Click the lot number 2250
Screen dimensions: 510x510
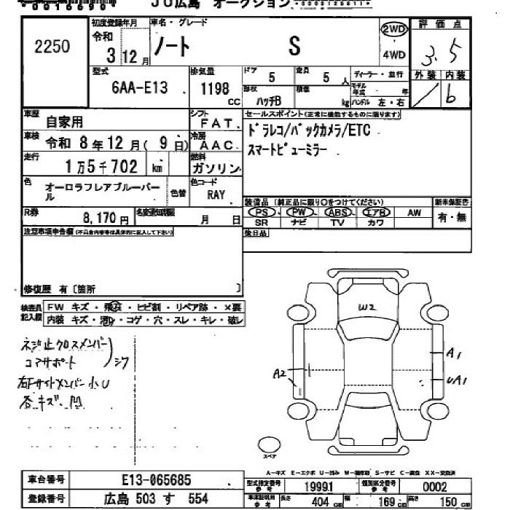pyautogui.click(x=52, y=47)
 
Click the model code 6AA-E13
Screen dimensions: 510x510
pyautogui.click(x=140, y=87)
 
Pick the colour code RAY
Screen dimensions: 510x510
pyautogui.click(x=216, y=195)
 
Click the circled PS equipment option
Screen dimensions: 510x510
pyautogui.click(x=262, y=212)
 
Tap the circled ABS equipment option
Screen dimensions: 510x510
pyautogui.click(x=337, y=212)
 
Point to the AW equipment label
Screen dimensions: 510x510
pyautogui.click(x=414, y=212)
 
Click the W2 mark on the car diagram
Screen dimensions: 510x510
pyautogui.click(x=366, y=307)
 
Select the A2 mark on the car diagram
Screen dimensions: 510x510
pyautogui.click(x=278, y=374)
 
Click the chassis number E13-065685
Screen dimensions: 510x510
pyautogui.click(x=157, y=480)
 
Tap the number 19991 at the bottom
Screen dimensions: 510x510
pyautogui.click(x=326, y=487)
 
